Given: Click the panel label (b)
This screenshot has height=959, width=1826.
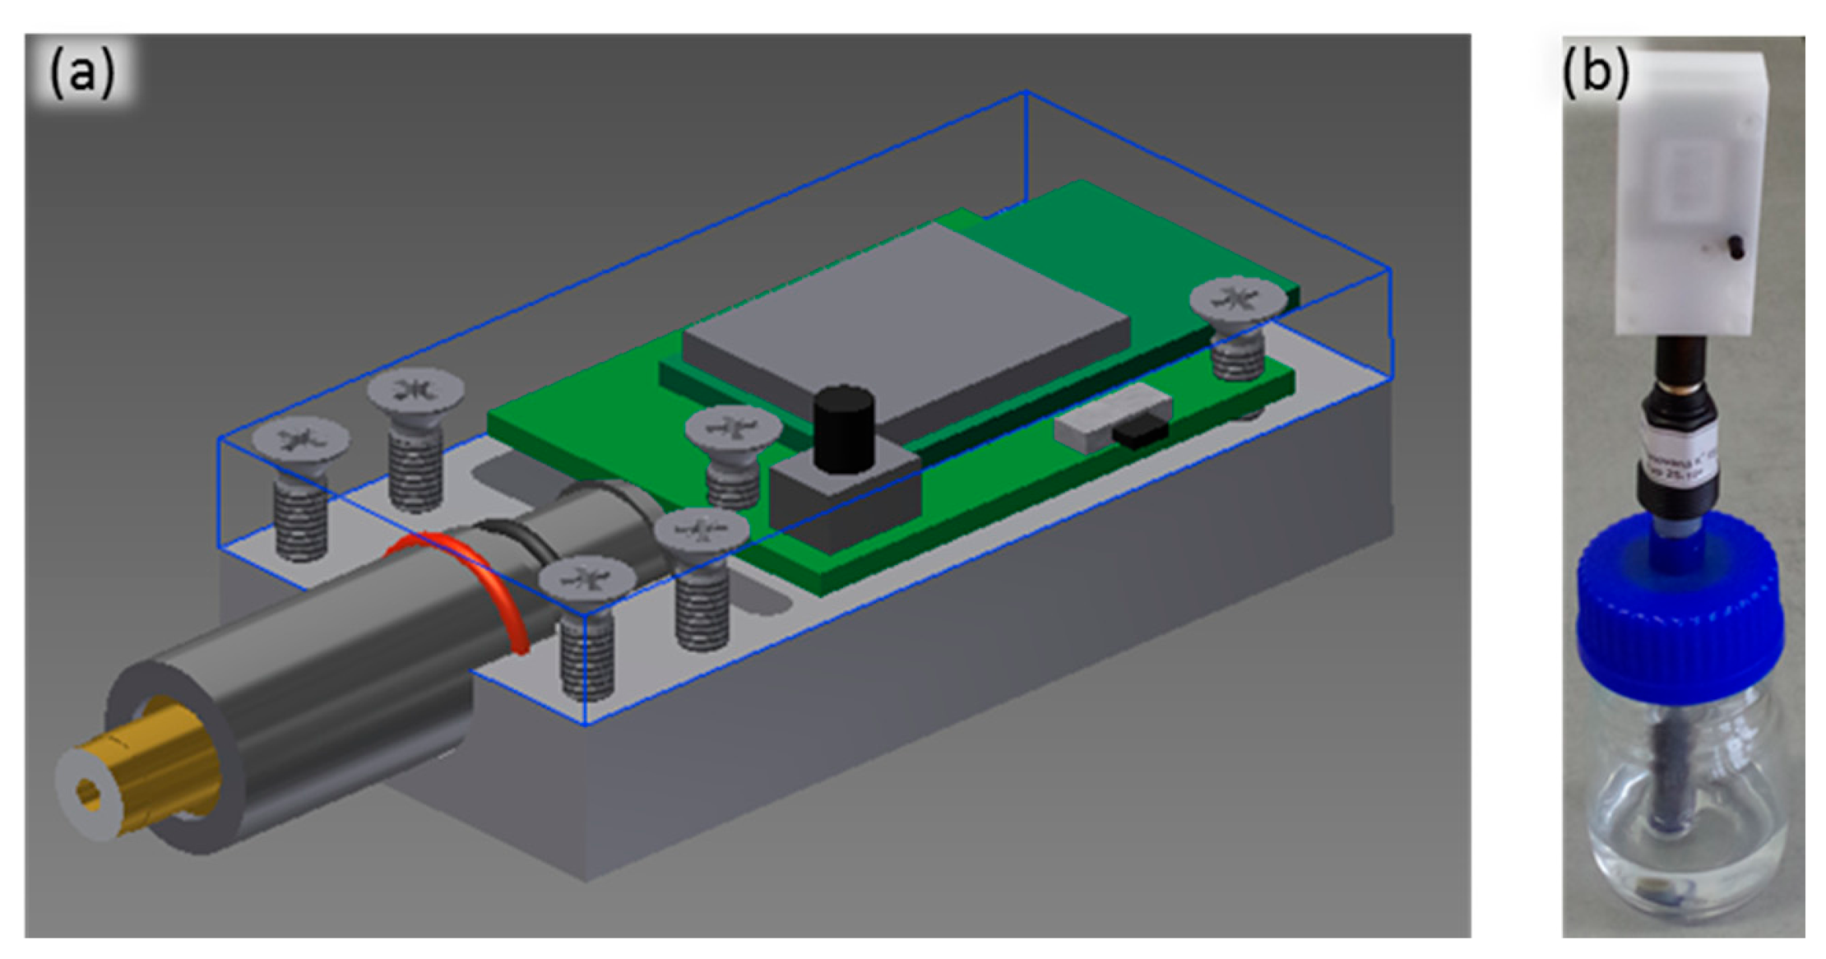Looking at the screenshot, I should [x=1595, y=72].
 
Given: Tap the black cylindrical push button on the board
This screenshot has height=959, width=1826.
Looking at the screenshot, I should [x=842, y=429].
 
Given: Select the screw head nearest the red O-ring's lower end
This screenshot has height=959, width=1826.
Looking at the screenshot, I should [x=586, y=577].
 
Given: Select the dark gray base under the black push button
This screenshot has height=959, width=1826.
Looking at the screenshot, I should [x=847, y=502].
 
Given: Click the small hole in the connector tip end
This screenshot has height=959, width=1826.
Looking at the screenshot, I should [x=88, y=795].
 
